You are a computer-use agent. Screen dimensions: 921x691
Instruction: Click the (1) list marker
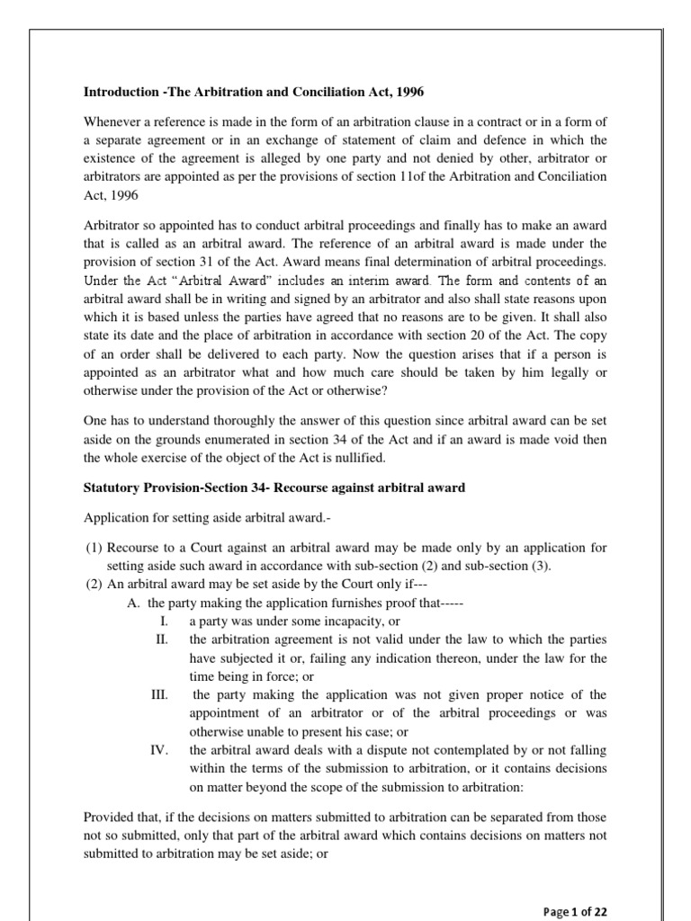[93, 548]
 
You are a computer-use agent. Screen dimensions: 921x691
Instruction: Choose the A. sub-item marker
[133, 603]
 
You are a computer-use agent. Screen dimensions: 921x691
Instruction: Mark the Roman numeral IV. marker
[160, 749]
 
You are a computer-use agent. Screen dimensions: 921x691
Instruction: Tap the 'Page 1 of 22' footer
[576, 911]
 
